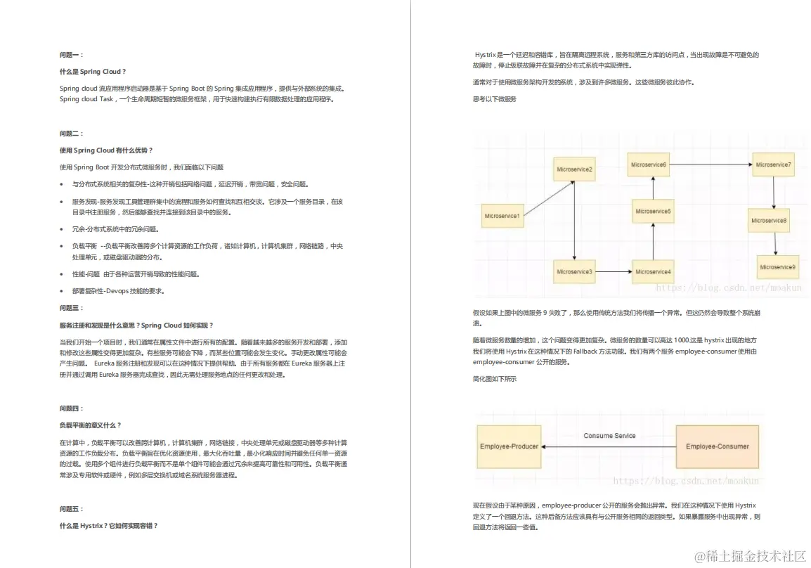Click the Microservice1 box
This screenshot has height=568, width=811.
(503, 215)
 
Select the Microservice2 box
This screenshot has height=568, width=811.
(575, 169)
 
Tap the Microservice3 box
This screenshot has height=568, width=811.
(575, 271)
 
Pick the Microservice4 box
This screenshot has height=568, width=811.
(653, 271)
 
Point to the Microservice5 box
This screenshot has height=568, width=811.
(653, 211)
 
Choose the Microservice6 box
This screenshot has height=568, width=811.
(649, 164)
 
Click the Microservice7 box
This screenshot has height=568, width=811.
(773, 164)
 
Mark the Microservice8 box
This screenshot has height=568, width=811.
(769, 220)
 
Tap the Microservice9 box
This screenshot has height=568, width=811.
(777, 267)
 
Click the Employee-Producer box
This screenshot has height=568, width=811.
(510, 446)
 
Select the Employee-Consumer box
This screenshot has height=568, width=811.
(717, 446)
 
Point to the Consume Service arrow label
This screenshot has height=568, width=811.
(609, 436)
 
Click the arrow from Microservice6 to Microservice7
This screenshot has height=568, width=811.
(710, 164)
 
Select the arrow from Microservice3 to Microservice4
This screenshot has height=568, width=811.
(614, 271)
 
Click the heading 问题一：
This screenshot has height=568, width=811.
(72, 54)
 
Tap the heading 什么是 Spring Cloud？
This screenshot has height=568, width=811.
(93, 72)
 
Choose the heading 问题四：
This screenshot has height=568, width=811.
(72, 408)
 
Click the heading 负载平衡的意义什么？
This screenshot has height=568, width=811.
(91, 425)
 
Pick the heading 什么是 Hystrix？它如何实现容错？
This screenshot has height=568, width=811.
(109, 525)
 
